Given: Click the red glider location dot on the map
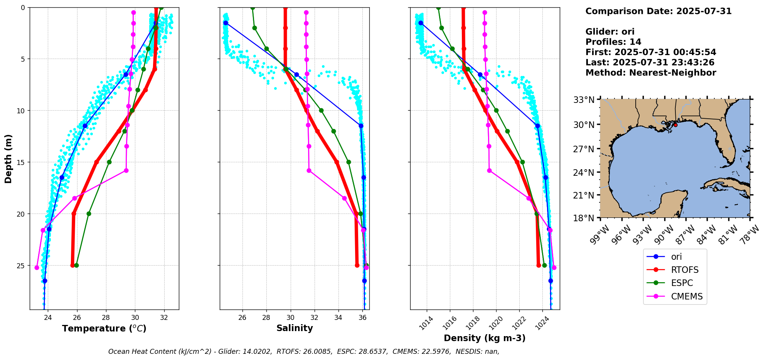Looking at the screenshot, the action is (x=675, y=125).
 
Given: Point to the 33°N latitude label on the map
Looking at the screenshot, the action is (x=584, y=100).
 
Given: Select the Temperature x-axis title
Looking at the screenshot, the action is (x=104, y=328).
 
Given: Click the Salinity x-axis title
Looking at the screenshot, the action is (x=295, y=328).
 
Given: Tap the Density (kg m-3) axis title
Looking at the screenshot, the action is (x=485, y=338).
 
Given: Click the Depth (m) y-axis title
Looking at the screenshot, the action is (x=8, y=158).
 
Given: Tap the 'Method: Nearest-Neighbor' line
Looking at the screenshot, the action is (x=651, y=73).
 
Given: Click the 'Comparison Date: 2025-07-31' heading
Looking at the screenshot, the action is (x=658, y=11).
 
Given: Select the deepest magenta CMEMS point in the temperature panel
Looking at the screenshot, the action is (x=37, y=267).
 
